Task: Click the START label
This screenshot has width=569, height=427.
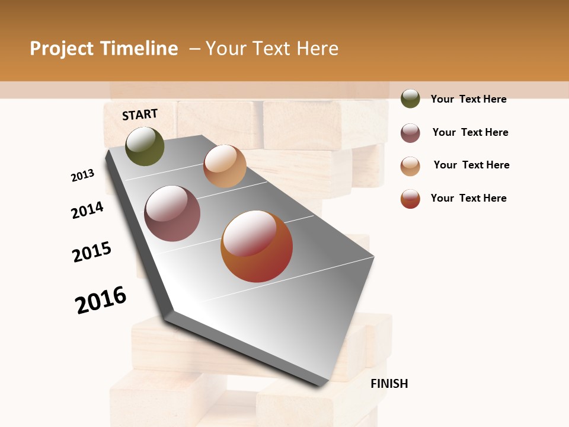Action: (140, 114)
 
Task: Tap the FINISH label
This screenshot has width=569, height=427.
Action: (389, 384)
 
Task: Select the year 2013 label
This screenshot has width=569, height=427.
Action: (83, 176)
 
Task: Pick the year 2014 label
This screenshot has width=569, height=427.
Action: (87, 210)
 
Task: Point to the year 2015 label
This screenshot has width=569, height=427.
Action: (92, 252)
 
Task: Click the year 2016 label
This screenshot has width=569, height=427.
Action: (101, 300)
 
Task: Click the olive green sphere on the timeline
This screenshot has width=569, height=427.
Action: (145, 146)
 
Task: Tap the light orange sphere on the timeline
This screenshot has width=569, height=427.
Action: (225, 166)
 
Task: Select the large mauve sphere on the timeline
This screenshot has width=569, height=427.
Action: (172, 213)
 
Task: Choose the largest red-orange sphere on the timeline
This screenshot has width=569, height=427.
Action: (257, 246)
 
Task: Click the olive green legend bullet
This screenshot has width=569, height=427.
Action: (410, 98)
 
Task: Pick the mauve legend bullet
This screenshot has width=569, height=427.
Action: (410, 133)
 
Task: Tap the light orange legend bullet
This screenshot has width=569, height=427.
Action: (410, 166)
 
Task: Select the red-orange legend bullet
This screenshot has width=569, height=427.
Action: (410, 199)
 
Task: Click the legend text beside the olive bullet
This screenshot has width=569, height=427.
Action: (468, 99)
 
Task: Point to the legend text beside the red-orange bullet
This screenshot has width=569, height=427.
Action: (468, 198)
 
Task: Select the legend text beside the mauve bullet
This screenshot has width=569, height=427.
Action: (470, 132)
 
